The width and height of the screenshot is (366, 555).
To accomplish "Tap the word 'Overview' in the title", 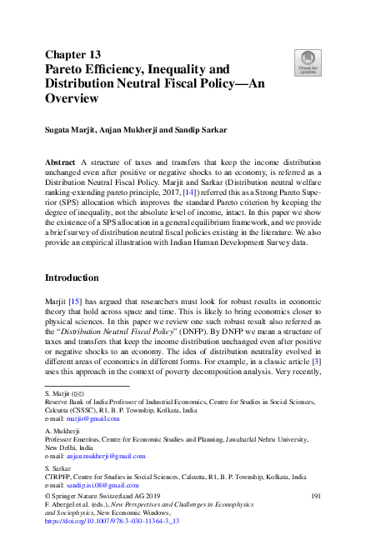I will [x=72, y=98].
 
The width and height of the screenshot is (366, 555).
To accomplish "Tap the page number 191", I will [x=315, y=497].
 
